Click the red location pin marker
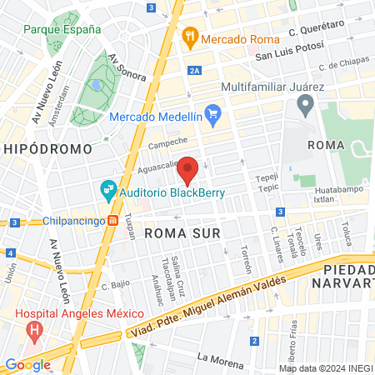click(x=188, y=168)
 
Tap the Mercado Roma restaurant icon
click(x=190, y=37)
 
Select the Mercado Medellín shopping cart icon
click(x=212, y=115)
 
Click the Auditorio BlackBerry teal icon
click(x=108, y=190)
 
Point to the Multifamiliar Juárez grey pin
click(x=304, y=106)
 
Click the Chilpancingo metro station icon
click(x=112, y=221)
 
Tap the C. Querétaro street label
click(x=316, y=31)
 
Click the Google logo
click(x=27, y=364)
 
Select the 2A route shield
click(x=194, y=72)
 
